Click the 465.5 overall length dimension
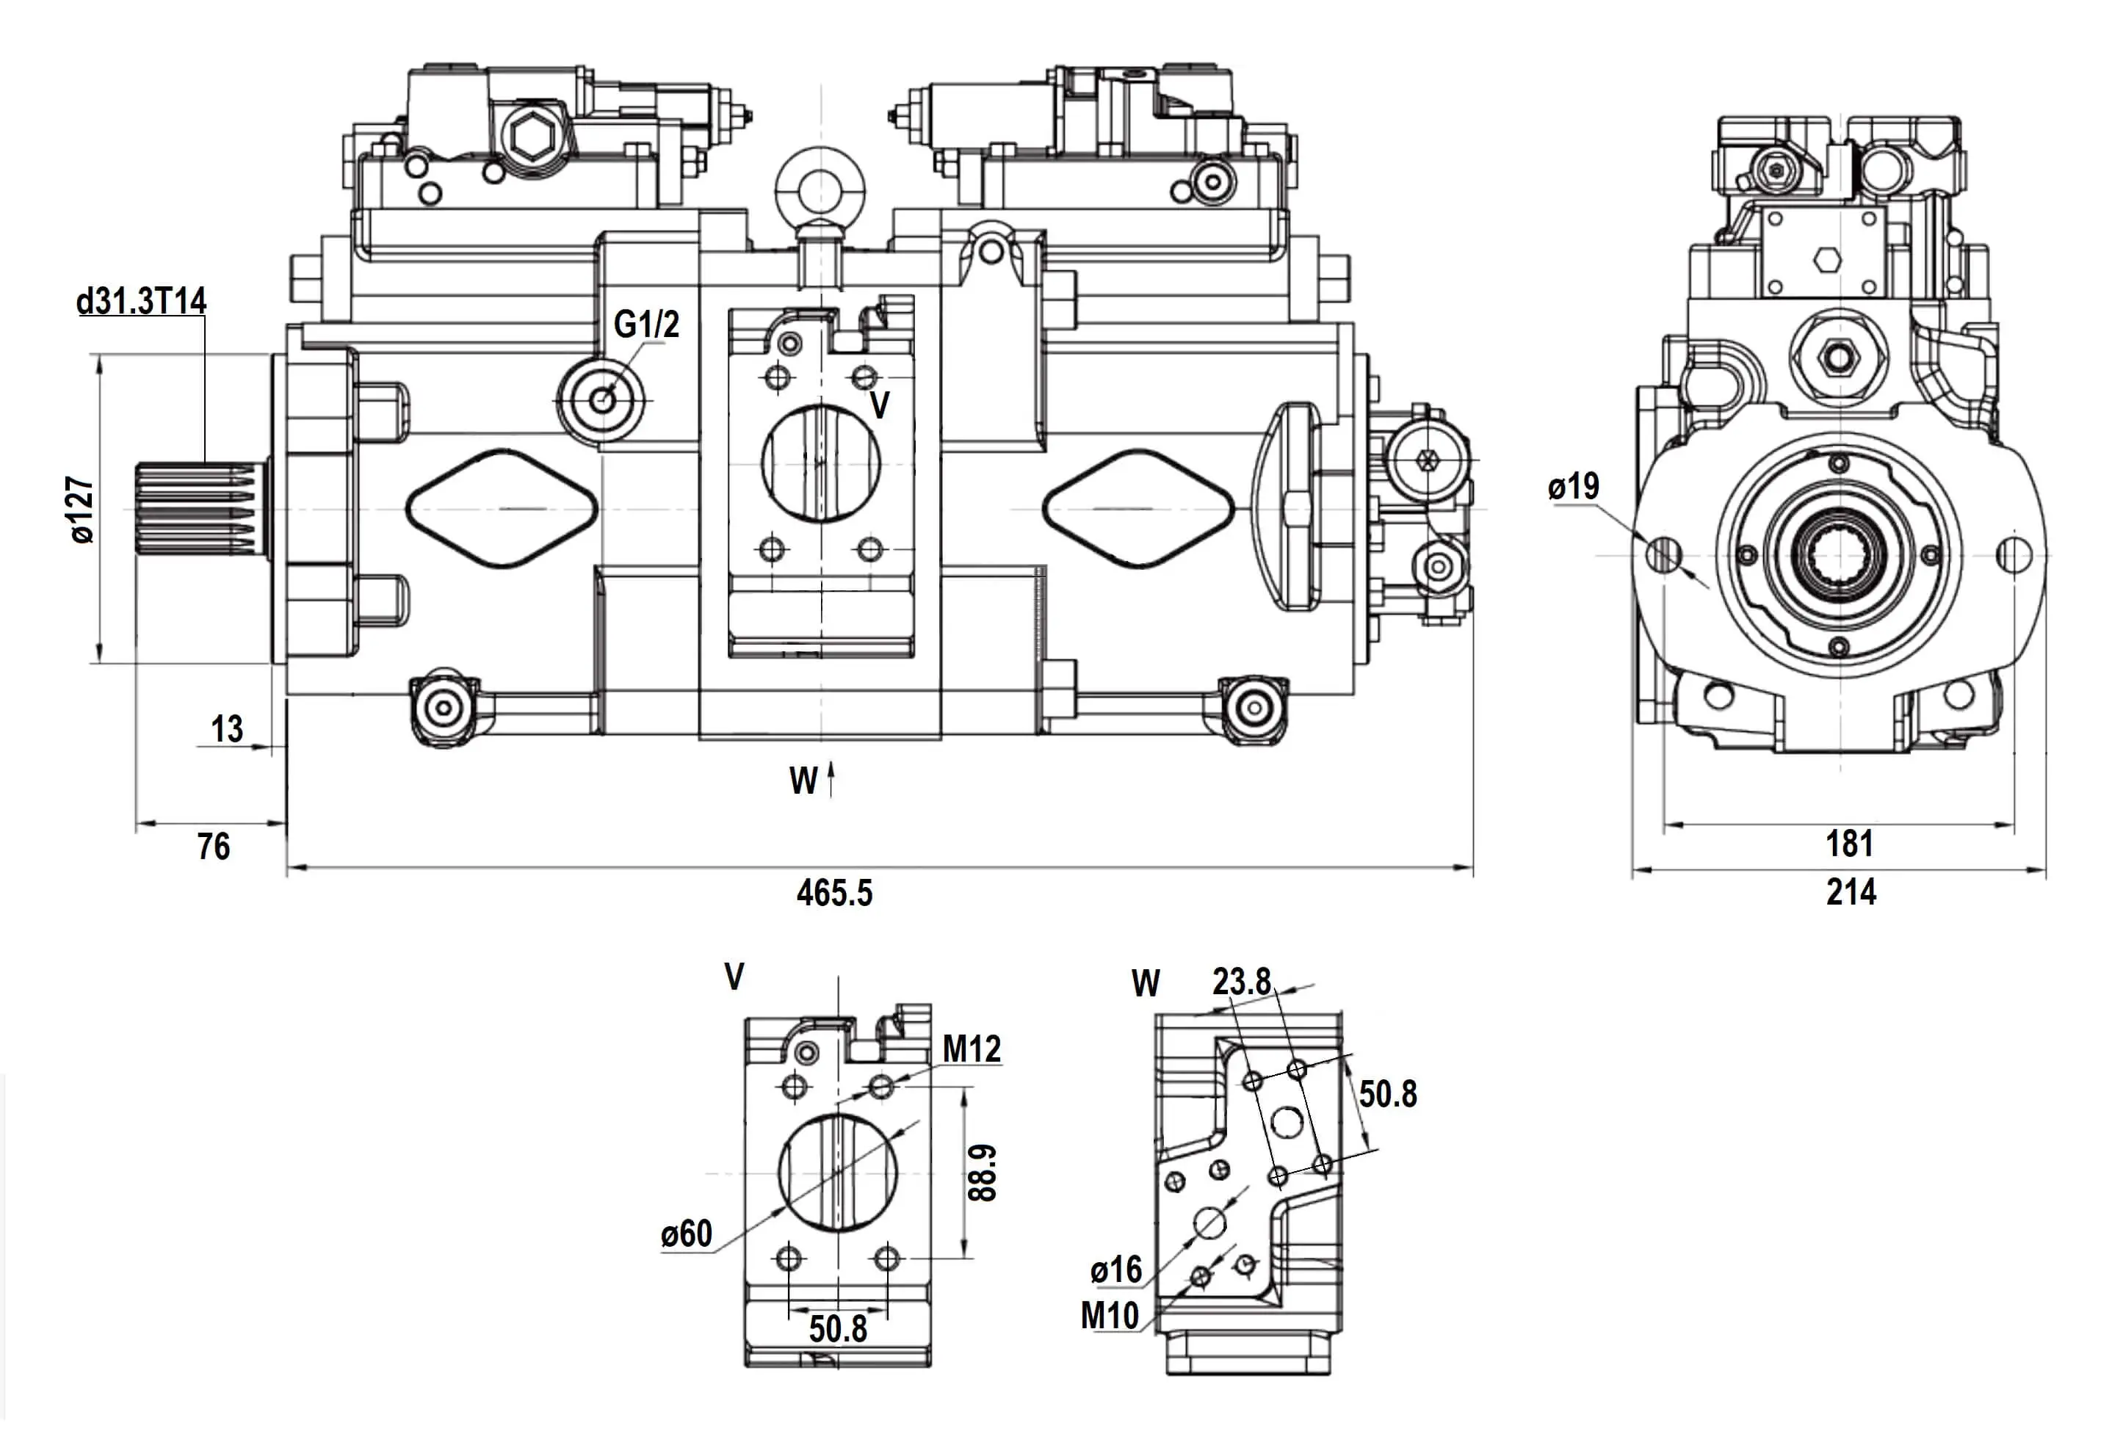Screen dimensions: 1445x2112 coord(834,894)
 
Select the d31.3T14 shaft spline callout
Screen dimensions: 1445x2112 coord(142,301)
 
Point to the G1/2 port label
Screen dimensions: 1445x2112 coord(646,325)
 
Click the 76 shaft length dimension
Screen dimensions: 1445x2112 coord(214,847)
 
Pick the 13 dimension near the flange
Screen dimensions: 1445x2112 coord(227,729)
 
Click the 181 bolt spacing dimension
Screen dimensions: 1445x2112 coord(1849,844)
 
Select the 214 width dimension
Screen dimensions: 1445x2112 coord(1851,892)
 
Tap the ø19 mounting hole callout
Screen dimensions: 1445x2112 coord(1573,487)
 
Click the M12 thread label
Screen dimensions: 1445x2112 coord(972,1050)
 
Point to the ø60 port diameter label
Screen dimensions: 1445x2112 coord(687,1234)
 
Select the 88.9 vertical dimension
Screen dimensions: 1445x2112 coord(983,1173)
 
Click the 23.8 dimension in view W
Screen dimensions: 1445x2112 coord(1241,982)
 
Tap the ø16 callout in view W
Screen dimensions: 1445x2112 coord(1116,1270)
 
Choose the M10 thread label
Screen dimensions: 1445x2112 coord(1110,1315)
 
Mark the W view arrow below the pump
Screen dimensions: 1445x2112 coord(831,780)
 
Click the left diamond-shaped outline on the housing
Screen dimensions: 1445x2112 coord(501,509)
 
